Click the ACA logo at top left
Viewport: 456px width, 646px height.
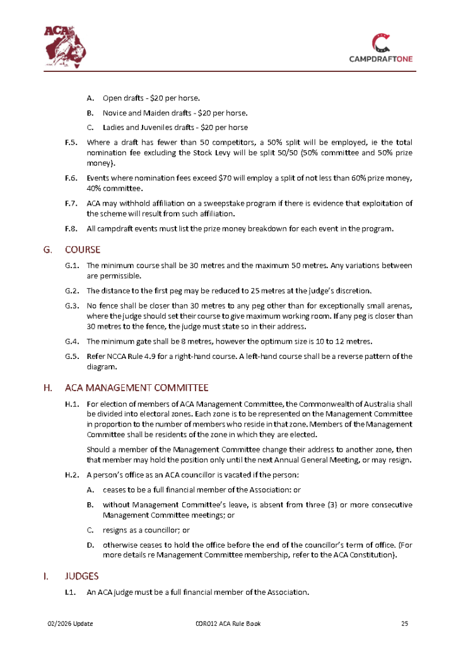67,46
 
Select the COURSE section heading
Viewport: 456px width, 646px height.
83,249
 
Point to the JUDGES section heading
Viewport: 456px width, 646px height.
81,576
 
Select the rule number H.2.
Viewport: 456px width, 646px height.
71,474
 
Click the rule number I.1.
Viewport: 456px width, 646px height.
71,592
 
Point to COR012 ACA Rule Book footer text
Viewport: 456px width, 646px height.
228,624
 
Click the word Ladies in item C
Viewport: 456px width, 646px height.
114,127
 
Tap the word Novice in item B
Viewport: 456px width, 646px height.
115,113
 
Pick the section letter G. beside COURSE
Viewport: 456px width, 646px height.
48,249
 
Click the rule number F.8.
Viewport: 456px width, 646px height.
71,228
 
